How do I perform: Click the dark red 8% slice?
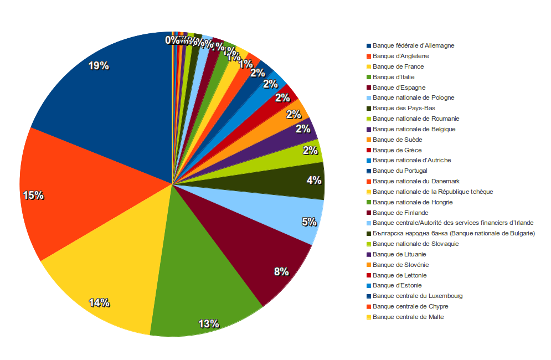click(x=260, y=244)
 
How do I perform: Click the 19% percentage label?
click(x=99, y=66)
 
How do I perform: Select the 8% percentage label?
click(x=281, y=271)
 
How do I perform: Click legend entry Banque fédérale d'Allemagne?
click(x=413, y=45)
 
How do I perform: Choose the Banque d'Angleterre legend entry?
click(x=400, y=56)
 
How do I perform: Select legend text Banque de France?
click(x=398, y=66)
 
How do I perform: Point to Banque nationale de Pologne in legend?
click(x=413, y=97)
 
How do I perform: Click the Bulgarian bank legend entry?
click(x=454, y=233)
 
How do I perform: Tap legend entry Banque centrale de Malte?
click(x=408, y=317)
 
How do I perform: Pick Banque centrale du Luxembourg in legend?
click(x=418, y=296)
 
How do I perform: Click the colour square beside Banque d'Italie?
click(x=369, y=77)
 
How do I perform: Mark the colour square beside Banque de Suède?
click(x=369, y=140)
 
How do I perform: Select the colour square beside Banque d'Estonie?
click(x=369, y=286)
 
